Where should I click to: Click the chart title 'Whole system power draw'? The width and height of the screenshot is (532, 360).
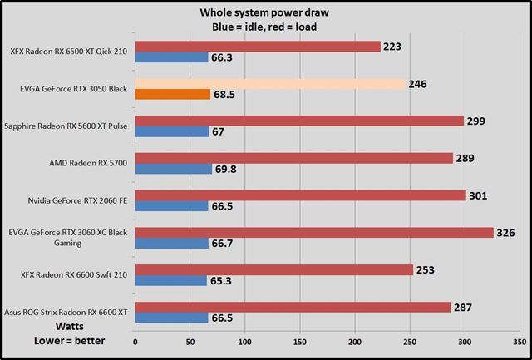[265, 12]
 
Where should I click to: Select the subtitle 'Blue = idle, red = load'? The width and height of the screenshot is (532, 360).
[265, 26]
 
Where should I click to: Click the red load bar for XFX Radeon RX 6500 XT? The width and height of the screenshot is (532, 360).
[257, 47]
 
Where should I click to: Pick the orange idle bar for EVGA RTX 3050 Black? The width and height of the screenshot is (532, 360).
[172, 94]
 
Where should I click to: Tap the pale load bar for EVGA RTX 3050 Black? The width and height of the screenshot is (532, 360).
[269, 84]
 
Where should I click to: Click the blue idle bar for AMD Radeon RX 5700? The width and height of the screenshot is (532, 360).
[173, 169]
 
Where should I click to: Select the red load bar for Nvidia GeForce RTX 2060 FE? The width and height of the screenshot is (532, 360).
[299, 195]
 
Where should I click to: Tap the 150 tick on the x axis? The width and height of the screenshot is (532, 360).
[299, 340]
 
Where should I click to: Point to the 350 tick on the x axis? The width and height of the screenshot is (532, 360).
[519, 340]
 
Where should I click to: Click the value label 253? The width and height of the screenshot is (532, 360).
[426, 269]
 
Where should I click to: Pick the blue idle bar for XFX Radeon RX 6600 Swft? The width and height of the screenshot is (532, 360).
[170, 280]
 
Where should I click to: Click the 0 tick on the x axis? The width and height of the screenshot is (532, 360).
[135, 340]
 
